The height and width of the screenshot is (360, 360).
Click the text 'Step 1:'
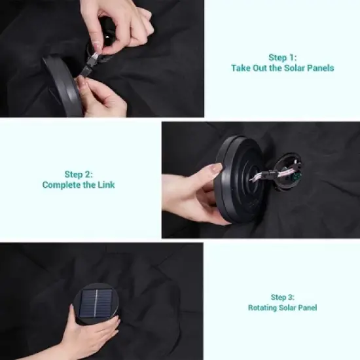[x=282, y=58]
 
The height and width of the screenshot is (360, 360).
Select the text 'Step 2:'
[x=79, y=174]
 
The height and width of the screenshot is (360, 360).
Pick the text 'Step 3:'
[x=282, y=297]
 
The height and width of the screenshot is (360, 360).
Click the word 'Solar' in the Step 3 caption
[x=289, y=308]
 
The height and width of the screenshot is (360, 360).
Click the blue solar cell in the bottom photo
[x=96, y=303]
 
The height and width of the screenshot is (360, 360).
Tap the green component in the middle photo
[x=297, y=177]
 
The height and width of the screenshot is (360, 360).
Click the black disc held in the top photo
[x=62, y=86]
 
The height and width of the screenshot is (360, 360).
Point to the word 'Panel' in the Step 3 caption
[x=308, y=308]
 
